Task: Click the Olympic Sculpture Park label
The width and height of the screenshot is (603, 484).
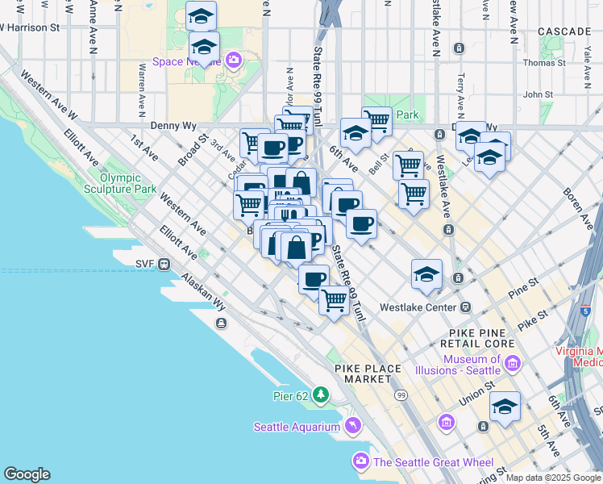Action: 127,183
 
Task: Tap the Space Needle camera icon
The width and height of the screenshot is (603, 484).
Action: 235,59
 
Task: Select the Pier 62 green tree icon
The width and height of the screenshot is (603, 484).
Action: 322,394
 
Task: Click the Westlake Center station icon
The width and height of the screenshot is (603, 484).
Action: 465,307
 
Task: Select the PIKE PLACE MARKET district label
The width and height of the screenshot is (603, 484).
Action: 368,373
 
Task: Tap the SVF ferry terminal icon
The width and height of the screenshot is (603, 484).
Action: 164,263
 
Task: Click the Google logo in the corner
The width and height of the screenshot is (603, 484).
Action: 27,474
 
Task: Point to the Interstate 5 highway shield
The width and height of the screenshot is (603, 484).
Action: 585,310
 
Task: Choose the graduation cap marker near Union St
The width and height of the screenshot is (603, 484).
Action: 505,407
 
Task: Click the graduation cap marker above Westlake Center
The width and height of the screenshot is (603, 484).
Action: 426,275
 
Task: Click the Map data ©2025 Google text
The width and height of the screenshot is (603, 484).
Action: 553,478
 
